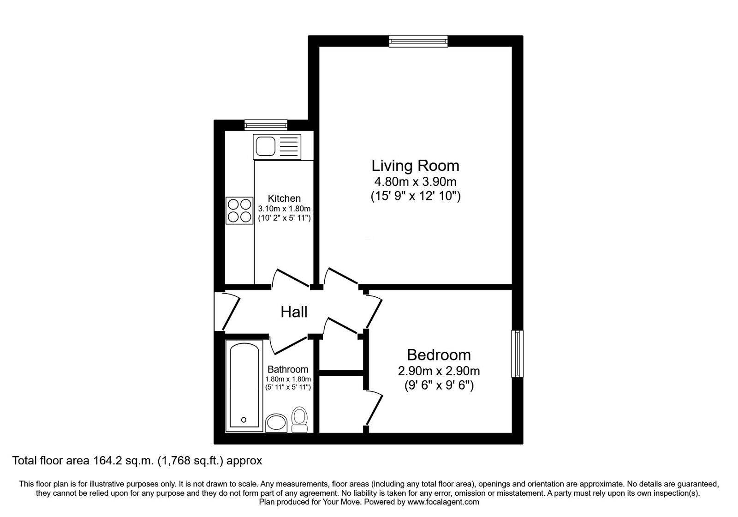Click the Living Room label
click(415, 165)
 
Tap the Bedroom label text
click(439, 355)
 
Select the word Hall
click(294, 313)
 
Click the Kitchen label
click(284, 198)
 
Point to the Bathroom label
click(288, 369)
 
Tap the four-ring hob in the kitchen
click(239, 210)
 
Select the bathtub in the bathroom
click(244, 385)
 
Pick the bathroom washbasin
click(277, 422)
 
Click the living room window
click(418, 42)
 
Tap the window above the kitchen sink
click(266, 124)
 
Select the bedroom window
click(517, 354)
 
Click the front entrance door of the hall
click(228, 310)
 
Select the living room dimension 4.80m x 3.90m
click(415, 181)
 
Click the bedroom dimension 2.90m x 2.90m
click(439, 371)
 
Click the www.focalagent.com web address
click(443, 502)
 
